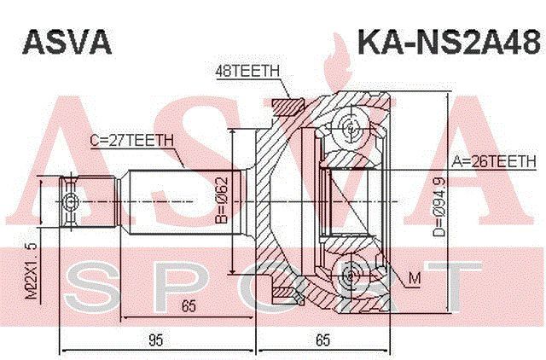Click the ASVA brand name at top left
(x=67, y=42)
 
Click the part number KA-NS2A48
(x=450, y=42)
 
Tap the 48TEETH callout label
(x=247, y=71)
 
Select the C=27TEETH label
(x=131, y=140)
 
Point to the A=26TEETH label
(x=494, y=161)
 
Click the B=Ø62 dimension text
(x=222, y=200)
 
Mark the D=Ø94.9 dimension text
(x=440, y=206)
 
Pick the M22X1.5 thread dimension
(x=32, y=271)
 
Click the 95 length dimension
(x=155, y=340)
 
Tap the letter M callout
(x=415, y=278)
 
